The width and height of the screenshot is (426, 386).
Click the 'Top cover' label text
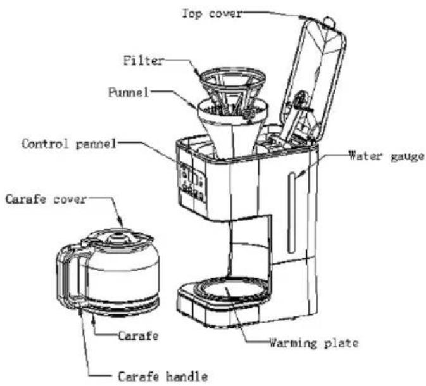[x=211, y=13]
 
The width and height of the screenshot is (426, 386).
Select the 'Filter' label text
[x=144, y=60]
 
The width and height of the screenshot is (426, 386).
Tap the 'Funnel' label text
[x=128, y=92]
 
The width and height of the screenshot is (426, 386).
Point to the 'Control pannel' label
[x=69, y=144]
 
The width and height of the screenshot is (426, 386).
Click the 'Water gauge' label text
[x=387, y=156]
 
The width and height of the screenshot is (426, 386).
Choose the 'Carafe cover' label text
[x=46, y=199]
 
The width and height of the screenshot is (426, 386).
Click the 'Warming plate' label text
[x=314, y=343]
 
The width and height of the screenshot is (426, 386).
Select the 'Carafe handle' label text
[x=163, y=377]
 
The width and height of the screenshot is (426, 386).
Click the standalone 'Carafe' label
[x=138, y=336]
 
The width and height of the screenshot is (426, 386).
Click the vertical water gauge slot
[x=292, y=213]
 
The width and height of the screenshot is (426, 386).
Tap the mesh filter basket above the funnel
[x=232, y=90]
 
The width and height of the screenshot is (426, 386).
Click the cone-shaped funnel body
[x=232, y=128]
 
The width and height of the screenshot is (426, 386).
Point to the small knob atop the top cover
[x=329, y=22]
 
